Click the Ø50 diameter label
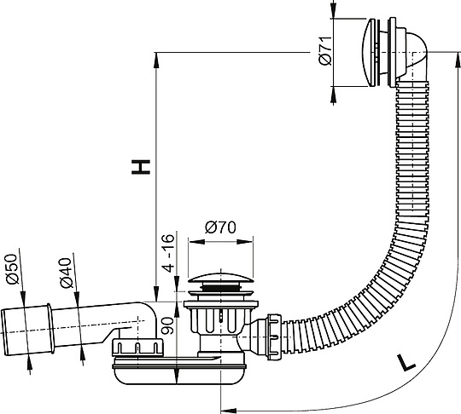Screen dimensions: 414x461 11,271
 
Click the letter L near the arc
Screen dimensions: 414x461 407,363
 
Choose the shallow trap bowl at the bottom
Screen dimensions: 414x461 184,371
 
